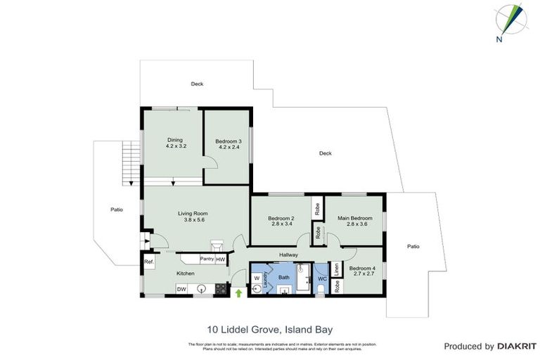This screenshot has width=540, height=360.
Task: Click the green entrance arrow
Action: (238, 292)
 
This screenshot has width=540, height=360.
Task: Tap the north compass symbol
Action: (510, 21)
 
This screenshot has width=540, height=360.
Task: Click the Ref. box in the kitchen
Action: (149, 262)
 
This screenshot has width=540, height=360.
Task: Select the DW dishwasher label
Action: (181, 289)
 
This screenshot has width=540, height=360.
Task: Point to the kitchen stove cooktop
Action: (221, 288)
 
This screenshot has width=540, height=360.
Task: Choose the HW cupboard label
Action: (221, 259)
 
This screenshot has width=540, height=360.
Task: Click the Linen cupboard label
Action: (336, 269)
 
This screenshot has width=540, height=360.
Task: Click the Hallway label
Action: (289, 255)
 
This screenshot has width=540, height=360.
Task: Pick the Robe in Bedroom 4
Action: (336, 286)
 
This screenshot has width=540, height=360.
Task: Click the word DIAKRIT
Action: (517, 346)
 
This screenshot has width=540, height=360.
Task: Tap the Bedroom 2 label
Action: (281, 218)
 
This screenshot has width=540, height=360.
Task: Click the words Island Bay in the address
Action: (310, 328)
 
